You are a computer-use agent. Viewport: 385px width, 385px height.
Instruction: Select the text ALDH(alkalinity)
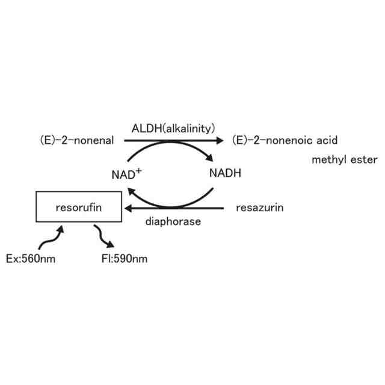click(173, 128)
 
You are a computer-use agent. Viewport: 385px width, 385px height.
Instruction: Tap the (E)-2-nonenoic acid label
click(285, 141)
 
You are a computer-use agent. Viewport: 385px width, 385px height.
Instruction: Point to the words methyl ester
click(345, 160)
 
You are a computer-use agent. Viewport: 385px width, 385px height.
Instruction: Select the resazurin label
click(259, 208)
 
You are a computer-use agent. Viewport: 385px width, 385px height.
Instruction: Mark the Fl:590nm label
click(125, 259)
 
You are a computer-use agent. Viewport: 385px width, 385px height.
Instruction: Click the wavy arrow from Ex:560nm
click(51, 238)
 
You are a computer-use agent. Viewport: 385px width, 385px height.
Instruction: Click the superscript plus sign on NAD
click(138, 171)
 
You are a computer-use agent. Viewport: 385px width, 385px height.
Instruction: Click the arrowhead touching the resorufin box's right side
click(128, 209)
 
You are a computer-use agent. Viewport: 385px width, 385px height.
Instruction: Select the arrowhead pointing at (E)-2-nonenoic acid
click(220, 141)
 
